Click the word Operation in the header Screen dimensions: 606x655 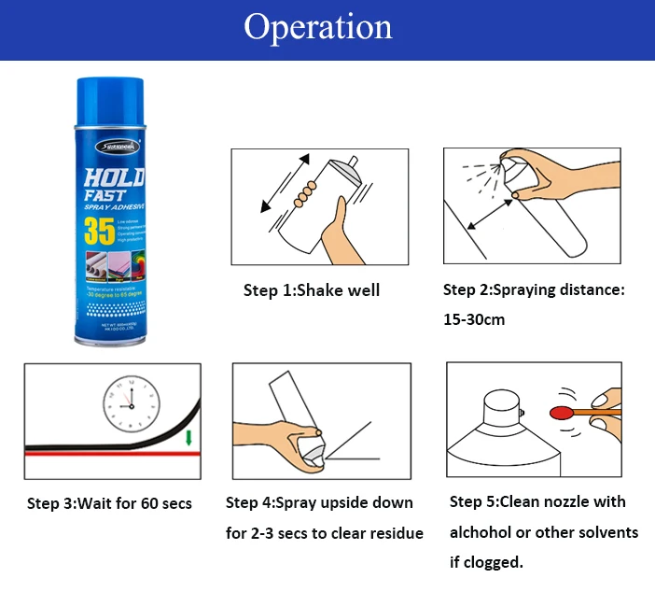click(318, 27)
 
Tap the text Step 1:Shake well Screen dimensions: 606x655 click(312, 290)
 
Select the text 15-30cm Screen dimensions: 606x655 click(474, 319)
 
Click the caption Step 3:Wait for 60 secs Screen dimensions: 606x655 click(109, 503)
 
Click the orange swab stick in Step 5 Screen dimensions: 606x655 click(597, 411)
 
